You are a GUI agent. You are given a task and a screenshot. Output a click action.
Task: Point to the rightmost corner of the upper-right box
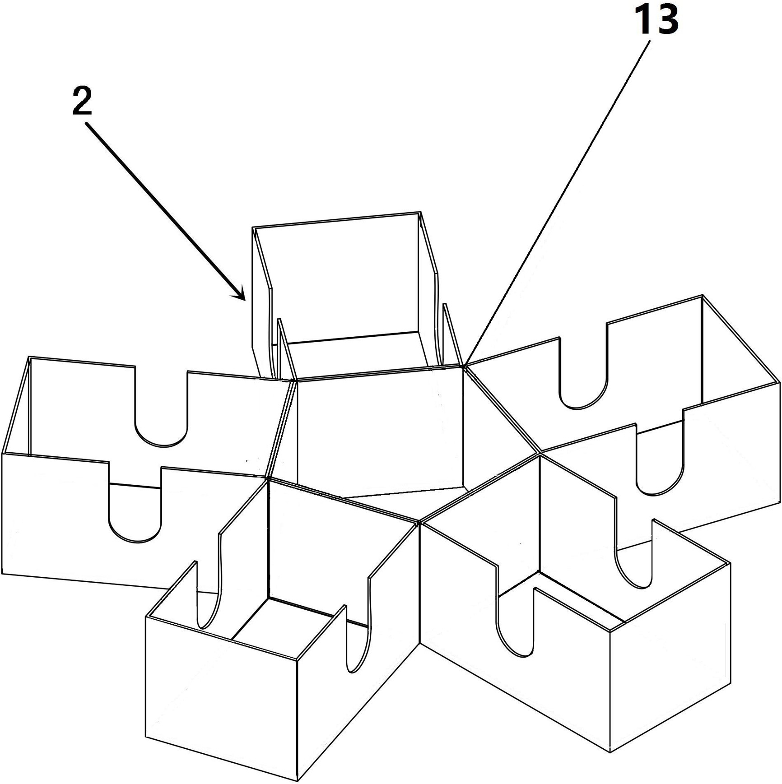click(780, 383)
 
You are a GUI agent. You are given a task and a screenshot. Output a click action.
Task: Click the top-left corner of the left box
click(29, 357)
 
